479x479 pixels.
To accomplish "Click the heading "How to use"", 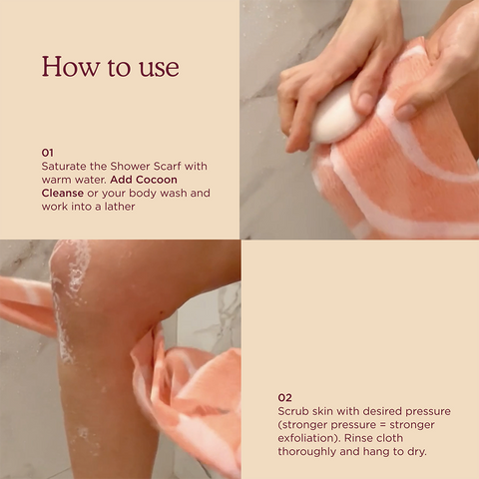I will point(110,67).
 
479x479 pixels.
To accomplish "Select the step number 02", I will point(285,396).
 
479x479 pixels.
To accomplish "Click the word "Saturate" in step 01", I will point(66,165).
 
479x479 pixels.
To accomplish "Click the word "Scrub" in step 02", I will point(295,410).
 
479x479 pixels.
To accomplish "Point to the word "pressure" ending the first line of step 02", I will point(426,410).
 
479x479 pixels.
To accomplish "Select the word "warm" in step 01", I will point(59,179).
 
